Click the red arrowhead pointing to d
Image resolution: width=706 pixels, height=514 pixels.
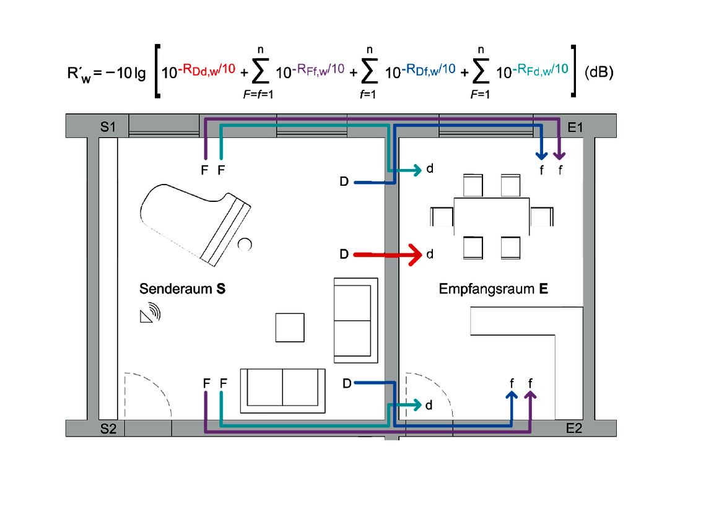415,255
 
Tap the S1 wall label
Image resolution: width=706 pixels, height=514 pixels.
108,127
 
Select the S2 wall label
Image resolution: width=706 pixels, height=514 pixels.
108,429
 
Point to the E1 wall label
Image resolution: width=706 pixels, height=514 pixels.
575,128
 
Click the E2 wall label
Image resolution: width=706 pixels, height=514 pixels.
574,428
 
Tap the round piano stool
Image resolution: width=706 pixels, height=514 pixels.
245,245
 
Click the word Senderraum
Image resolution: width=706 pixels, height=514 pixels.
176,289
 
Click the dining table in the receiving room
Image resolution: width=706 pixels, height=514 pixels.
492,217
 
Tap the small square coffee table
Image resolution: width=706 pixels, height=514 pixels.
290,328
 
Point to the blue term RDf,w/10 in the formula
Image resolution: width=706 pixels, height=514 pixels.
428,69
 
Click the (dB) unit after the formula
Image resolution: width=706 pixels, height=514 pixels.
599,72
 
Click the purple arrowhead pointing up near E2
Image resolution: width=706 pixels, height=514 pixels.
530,395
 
